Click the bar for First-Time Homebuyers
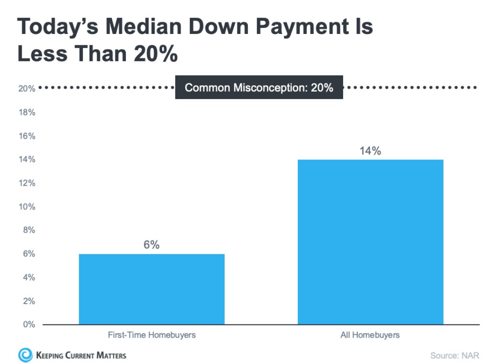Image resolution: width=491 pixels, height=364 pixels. click(x=151, y=289)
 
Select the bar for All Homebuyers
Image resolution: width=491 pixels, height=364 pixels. click(x=370, y=242)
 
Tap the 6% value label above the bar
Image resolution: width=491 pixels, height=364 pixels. click(x=151, y=245)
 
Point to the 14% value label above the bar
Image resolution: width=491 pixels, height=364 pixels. click(x=370, y=151)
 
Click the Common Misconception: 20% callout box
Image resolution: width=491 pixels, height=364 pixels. click(x=259, y=88)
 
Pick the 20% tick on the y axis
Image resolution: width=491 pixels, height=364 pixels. click(x=27, y=89)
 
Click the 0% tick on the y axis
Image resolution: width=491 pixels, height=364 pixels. click(x=29, y=324)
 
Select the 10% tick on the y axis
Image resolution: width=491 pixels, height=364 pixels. click(x=27, y=207)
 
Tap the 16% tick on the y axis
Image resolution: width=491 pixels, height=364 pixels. click(x=27, y=136)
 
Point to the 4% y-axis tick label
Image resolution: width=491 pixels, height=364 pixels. click(x=29, y=277)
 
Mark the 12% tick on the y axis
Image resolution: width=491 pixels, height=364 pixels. click(x=27, y=183)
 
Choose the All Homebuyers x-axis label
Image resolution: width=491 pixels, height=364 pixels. click(x=370, y=335)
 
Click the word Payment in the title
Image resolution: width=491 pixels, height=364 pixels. click(x=310, y=27)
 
